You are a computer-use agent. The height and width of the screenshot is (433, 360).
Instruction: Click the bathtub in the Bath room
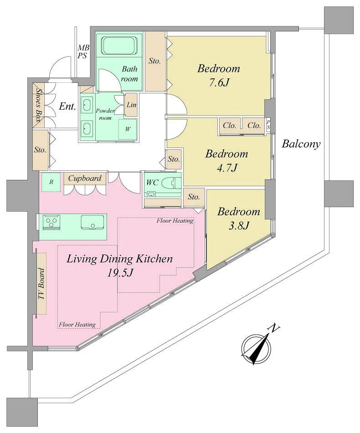(x=119, y=45)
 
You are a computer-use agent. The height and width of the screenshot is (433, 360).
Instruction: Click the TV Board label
(x=41, y=284)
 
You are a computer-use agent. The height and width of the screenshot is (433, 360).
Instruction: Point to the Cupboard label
(x=85, y=178)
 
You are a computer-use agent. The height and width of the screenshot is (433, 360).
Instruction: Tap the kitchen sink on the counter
(x=92, y=222)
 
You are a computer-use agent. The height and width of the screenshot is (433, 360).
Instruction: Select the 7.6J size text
(x=219, y=82)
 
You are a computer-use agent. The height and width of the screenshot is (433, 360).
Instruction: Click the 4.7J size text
(x=227, y=168)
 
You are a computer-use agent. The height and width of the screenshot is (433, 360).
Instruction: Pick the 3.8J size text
(x=239, y=226)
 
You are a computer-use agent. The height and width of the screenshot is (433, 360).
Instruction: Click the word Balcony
(x=301, y=144)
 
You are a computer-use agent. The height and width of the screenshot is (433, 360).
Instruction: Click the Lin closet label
(x=132, y=105)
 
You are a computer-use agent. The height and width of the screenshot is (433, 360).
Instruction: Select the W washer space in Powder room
(x=128, y=129)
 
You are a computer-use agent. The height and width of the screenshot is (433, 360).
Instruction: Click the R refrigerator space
(x=51, y=182)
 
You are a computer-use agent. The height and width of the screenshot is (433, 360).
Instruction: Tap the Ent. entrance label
(x=67, y=107)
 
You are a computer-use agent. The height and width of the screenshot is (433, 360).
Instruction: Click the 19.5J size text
(x=120, y=273)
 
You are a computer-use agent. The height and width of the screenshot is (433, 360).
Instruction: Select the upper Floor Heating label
(x=175, y=221)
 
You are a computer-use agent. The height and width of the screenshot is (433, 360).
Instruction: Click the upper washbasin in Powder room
(x=87, y=105)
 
